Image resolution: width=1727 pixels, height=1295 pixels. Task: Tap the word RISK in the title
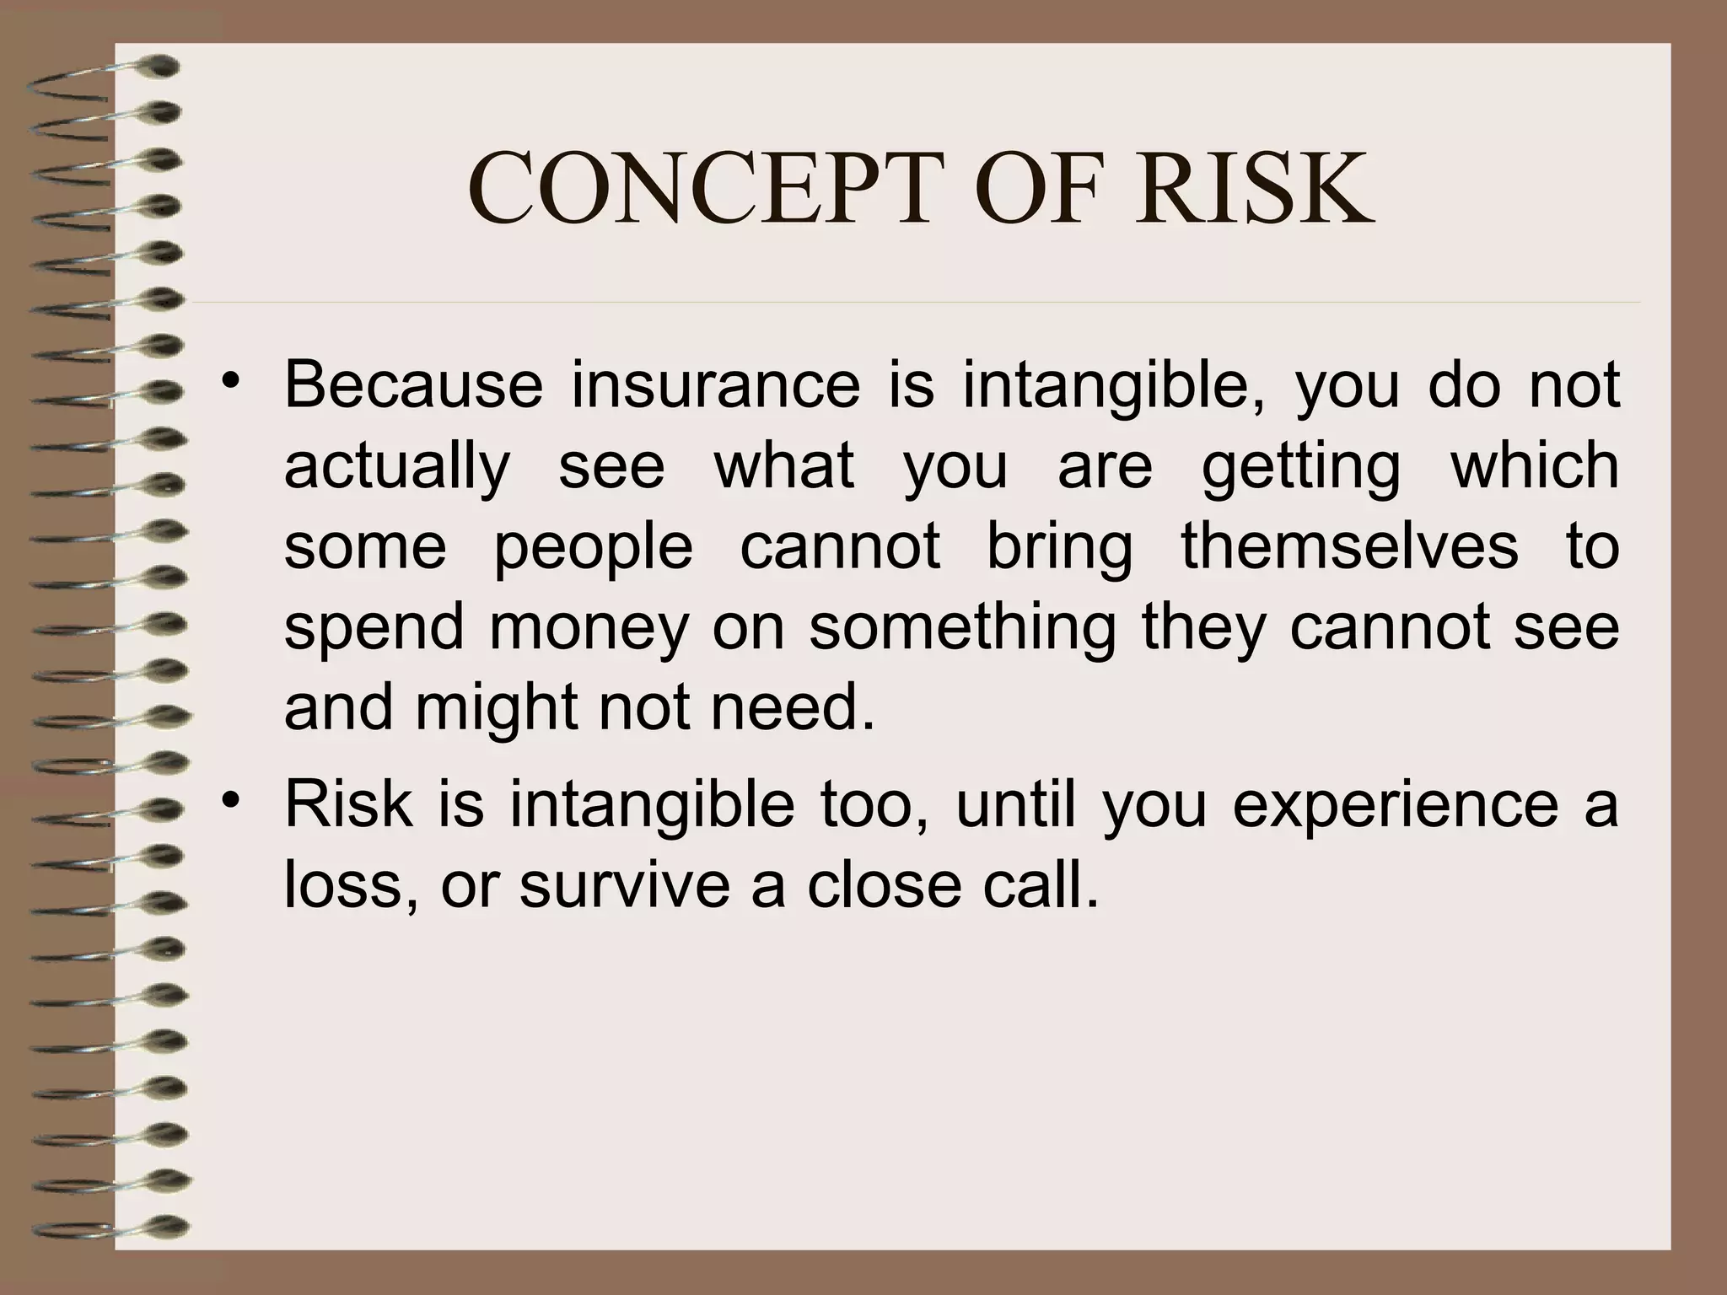pos(1254,190)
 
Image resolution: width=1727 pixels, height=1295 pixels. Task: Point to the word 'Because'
pos(413,385)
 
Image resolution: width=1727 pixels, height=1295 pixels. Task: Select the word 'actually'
pos(397,466)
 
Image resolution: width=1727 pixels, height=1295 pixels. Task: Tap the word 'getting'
pos(1300,466)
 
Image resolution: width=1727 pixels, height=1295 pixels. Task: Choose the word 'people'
pos(593,547)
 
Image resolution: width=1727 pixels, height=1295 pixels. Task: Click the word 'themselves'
pos(1349,545)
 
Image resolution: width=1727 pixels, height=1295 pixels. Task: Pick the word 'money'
pos(589,628)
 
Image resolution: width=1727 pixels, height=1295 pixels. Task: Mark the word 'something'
pos(962,628)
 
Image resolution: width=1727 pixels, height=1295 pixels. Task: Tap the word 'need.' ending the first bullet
pos(794,707)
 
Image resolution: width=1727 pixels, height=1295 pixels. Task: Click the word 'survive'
pos(624,885)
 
